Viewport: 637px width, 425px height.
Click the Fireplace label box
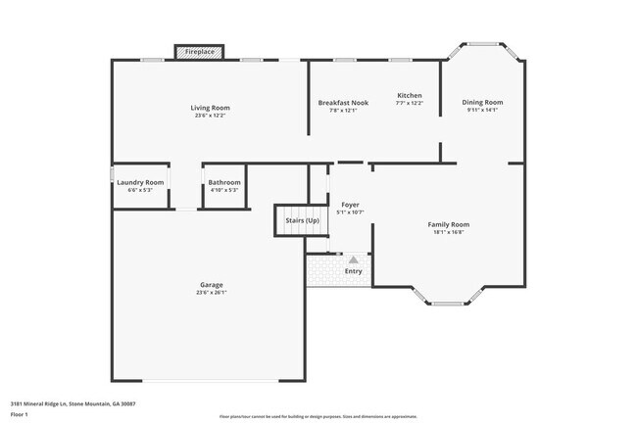[x=200, y=51]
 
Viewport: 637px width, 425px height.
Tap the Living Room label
[x=210, y=108]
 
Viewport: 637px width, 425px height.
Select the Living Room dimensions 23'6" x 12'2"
[x=210, y=116]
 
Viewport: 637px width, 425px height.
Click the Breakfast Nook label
[x=341, y=103]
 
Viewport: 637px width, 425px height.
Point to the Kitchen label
[x=409, y=95]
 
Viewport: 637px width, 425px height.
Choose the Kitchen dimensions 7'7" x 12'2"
[x=409, y=103]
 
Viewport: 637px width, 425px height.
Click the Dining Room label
[x=482, y=102]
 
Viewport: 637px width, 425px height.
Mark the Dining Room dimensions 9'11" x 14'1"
[x=482, y=110]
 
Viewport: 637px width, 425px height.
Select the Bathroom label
[x=223, y=182]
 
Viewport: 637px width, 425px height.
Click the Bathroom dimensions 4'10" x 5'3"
[x=223, y=190]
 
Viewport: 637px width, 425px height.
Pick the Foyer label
[x=350, y=205]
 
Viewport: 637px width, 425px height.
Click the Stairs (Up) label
[x=302, y=220]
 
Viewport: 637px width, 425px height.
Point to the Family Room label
[x=448, y=224]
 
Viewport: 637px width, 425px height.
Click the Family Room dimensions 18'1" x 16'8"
[x=448, y=232]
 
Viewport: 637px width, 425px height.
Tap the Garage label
[x=212, y=284]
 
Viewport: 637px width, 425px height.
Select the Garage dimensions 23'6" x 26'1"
[x=212, y=292]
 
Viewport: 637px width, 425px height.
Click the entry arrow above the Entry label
[x=353, y=260]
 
